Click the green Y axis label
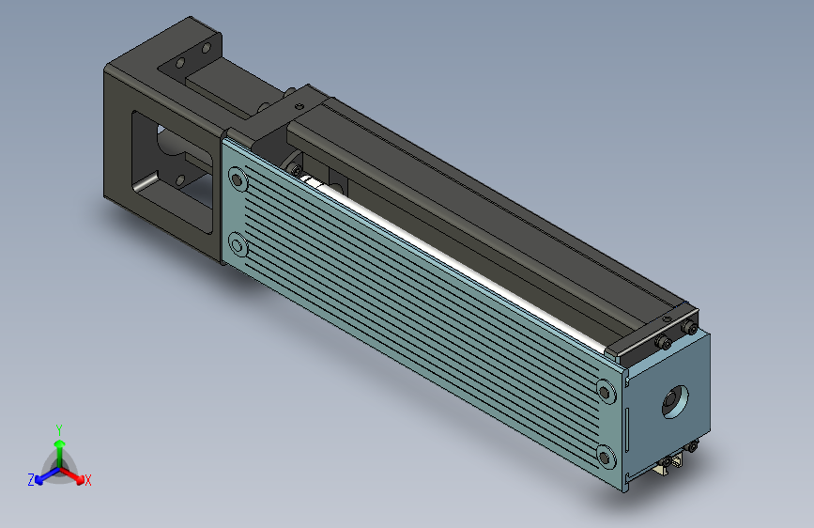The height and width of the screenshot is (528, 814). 59,429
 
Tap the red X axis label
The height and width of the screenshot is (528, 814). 87,481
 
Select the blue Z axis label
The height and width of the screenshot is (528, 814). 31,480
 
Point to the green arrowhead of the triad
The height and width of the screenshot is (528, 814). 60,443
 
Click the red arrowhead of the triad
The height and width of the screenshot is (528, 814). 79,478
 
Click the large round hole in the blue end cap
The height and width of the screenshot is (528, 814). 675,402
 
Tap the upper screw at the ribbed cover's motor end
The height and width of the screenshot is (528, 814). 238,179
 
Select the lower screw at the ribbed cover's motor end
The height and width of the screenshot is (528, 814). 238,245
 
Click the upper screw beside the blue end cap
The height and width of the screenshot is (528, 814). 605,392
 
